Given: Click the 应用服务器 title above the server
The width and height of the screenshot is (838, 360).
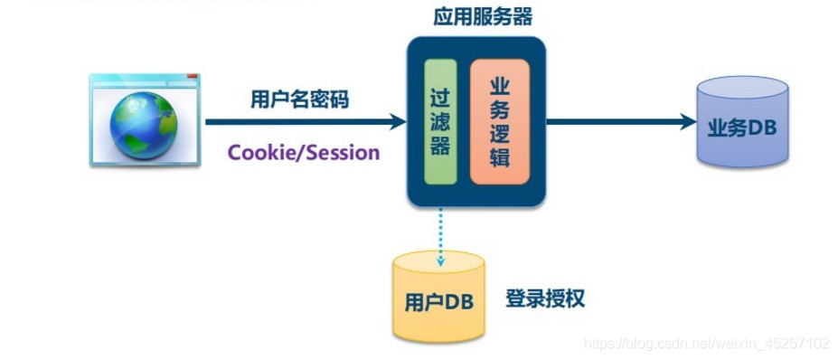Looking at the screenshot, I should click(x=475, y=18).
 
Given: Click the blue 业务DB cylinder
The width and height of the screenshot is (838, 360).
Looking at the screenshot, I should click(x=742, y=125).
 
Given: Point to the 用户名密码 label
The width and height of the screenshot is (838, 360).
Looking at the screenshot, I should click(x=298, y=100).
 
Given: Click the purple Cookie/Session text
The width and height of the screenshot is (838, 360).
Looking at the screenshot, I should click(x=303, y=152).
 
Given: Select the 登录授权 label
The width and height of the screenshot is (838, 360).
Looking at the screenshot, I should click(x=544, y=298).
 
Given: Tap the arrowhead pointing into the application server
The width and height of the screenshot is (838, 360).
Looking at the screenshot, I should click(x=397, y=121).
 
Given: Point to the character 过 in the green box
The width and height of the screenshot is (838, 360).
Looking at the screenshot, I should click(x=439, y=95).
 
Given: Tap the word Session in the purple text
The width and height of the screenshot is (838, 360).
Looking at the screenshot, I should click(x=343, y=152).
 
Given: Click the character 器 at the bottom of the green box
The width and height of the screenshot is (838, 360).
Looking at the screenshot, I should click(x=439, y=147).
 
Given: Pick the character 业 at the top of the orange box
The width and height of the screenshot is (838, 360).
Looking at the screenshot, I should click(x=499, y=86).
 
